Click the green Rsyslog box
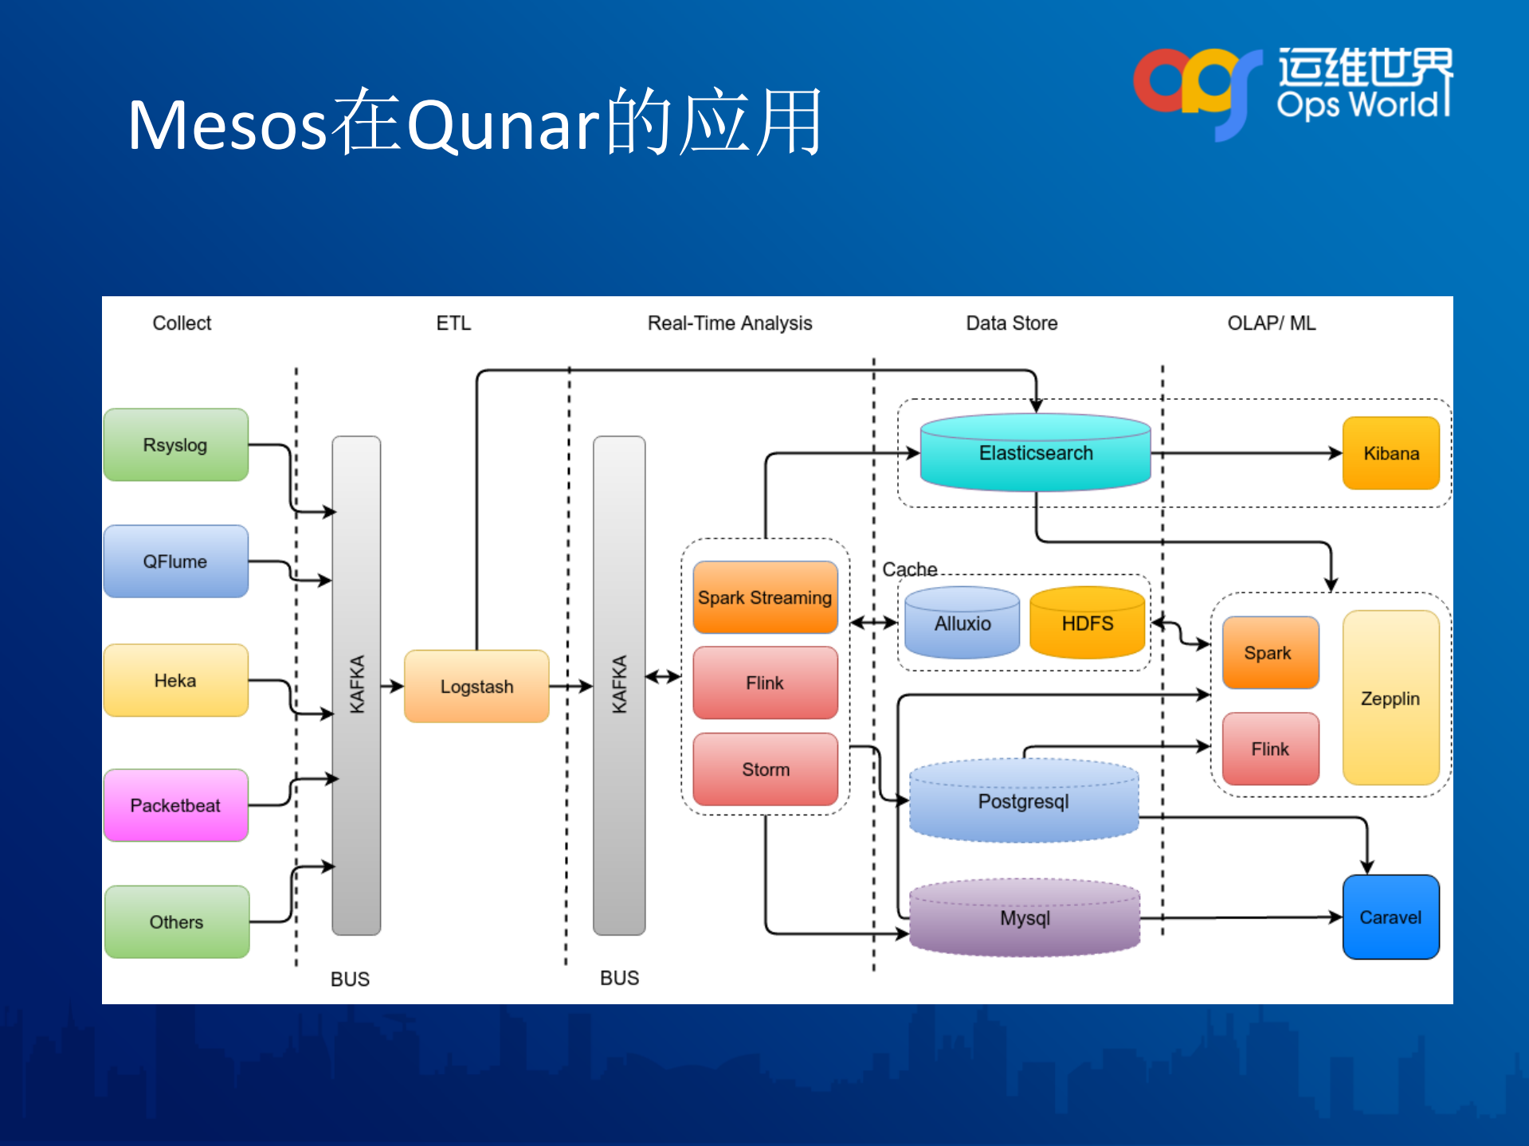(175, 444)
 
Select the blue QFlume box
(175, 561)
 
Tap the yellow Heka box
(175, 680)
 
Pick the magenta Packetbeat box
(175, 805)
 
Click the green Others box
(176, 921)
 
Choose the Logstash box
(476, 686)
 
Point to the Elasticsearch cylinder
(1035, 453)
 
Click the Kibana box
(1390, 453)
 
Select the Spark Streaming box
(765, 597)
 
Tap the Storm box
(765, 769)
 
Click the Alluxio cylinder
(962, 624)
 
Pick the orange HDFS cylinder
(1087, 624)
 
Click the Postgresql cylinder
(1024, 801)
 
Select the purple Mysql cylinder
(1025, 918)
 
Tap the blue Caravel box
(1390, 917)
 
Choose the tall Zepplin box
(1390, 698)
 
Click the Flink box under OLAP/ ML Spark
(1270, 749)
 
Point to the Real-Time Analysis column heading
(729, 323)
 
